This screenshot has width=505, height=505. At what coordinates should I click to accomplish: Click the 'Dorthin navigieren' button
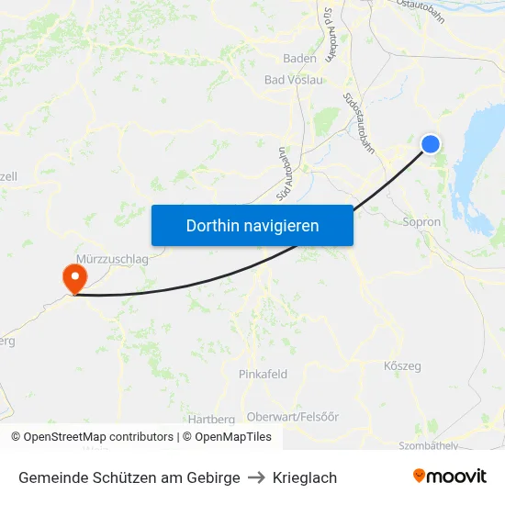point(252,225)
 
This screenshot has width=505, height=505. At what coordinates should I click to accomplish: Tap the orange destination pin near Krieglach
point(73,277)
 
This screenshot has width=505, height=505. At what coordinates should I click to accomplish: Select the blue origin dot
point(430,144)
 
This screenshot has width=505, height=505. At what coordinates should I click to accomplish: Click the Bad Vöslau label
point(294,80)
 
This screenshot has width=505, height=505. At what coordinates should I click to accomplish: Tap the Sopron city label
point(421,222)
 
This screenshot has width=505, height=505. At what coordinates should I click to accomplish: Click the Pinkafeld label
point(263,374)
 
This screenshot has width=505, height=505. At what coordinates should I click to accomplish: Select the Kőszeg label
point(402,366)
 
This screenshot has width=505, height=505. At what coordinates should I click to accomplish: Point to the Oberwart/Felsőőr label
point(293,416)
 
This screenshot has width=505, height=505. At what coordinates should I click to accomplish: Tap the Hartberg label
point(211,420)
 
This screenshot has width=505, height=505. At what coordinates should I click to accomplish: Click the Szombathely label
point(429,444)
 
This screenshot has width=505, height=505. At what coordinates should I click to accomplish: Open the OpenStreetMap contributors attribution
point(93,437)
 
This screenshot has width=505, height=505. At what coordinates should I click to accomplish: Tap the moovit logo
point(449,477)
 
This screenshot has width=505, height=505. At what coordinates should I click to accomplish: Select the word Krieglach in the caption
point(305,477)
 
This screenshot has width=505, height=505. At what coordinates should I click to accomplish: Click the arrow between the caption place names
point(256,477)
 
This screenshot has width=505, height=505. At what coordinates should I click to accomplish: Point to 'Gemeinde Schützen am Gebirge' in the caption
point(129,477)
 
